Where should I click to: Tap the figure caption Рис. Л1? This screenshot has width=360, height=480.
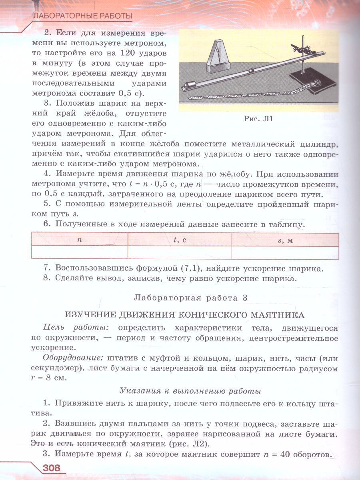[x=258, y=119]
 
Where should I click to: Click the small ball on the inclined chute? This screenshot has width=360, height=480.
[x=251, y=71]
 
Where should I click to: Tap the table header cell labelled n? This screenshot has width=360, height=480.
[x=80, y=240]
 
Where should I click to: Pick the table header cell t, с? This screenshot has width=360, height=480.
[x=180, y=240]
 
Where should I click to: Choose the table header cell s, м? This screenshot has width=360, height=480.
[x=285, y=240]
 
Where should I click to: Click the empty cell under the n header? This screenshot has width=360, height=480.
[x=80, y=252]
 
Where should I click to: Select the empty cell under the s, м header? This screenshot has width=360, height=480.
[x=285, y=252]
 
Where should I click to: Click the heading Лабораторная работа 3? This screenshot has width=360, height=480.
[x=191, y=298]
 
